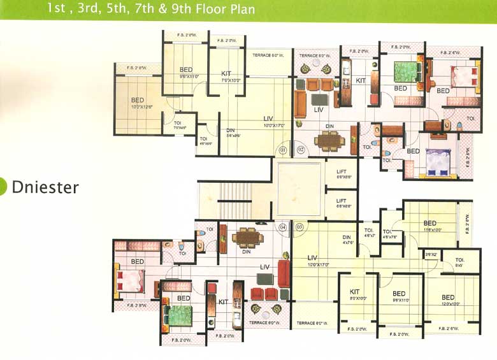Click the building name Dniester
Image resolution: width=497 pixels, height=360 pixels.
[x=45, y=187]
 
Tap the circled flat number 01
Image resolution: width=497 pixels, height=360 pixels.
[x=282, y=151]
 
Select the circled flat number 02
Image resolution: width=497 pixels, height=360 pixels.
[x=301, y=151]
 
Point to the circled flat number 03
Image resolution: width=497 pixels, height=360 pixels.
[x=301, y=227]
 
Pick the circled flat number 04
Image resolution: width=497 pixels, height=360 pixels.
[x=282, y=227]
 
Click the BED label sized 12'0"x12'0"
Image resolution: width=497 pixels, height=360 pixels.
[x=448, y=298]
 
